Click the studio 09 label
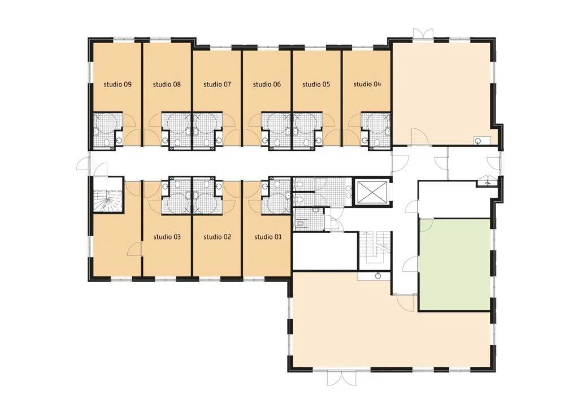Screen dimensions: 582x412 pyautogui.click(x=118, y=84)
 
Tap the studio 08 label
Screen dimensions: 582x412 pyautogui.click(x=167, y=84)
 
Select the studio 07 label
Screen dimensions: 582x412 pyautogui.click(x=217, y=84)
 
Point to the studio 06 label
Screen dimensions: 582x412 pyautogui.click(x=267, y=84)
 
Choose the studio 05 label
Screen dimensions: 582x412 pyautogui.click(x=316, y=84)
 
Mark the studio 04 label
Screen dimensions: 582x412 pyautogui.click(x=367, y=84)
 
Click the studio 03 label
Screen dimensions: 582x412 pyautogui.click(x=167, y=237)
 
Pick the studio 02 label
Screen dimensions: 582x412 pyautogui.click(x=217, y=237)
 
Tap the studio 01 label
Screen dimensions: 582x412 pyautogui.click(x=268, y=237)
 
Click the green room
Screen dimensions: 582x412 pyautogui.click(x=455, y=264)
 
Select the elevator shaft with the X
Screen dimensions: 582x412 pyautogui.click(x=372, y=193)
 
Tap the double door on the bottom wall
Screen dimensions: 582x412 pyautogui.click(x=341, y=379)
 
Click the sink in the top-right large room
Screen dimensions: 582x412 pyautogui.click(x=478, y=141)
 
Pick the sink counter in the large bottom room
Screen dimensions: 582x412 pyautogui.click(x=374, y=276)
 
